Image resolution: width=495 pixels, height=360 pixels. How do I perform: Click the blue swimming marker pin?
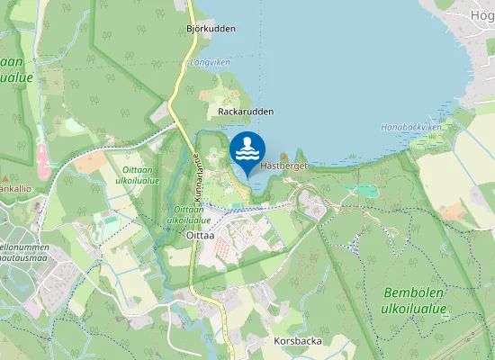click(x=247, y=151)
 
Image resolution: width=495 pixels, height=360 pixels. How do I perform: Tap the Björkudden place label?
click(x=211, y=29)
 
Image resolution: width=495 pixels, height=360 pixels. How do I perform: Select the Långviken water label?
click(x=211, y=63)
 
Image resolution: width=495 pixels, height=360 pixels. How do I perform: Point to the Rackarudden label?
click(x=246, y=112)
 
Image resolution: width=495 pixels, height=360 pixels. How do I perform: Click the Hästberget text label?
click(x=284, y=166)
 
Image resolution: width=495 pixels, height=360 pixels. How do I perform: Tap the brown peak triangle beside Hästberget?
click(x=284, y=156)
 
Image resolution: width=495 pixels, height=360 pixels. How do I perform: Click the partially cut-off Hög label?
click(x=482, y=15)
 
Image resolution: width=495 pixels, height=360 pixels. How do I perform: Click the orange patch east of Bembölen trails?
click(x=453, y=212)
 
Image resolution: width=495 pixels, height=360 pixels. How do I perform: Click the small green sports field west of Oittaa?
click(x=111, y=219)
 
